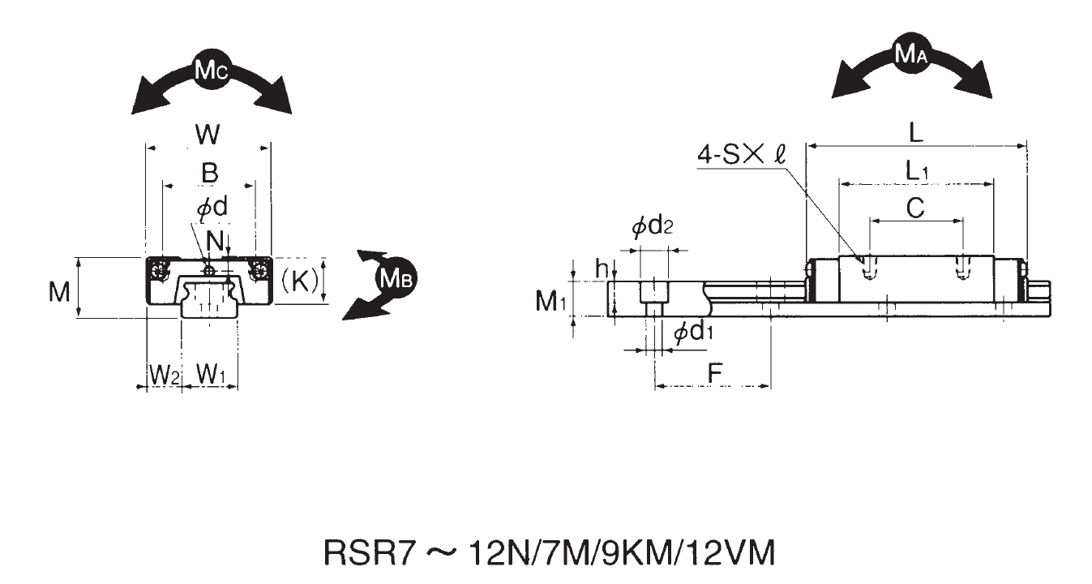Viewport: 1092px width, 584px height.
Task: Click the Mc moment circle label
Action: pyautogui.click(x=211, y=71)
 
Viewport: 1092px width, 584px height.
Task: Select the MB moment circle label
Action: pyautogui.click(x=396, y=279)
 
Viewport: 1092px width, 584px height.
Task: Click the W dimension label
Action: pyautogui.click(x=208, y=134)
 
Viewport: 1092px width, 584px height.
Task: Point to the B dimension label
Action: pyautogui.click(x=210, y=174)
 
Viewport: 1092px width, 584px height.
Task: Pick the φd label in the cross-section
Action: pyautogui.click(x=212, y=208)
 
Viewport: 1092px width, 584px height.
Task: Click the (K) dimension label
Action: pyautogui.click(x=299, y=281)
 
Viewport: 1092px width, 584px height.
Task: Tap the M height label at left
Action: pyautogui.click(x=59, y=292)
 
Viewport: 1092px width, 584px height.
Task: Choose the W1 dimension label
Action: pyautogui.click(x=211, y=374)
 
